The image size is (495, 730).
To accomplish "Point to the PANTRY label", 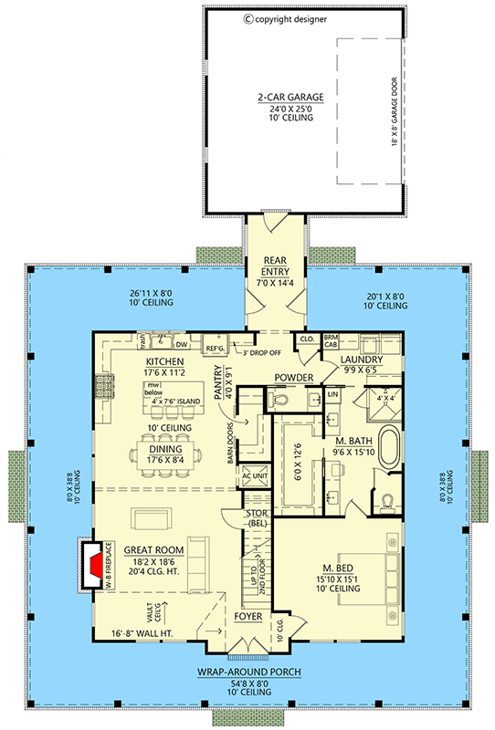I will (x=219, y=384).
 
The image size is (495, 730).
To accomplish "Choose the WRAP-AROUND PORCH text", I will (x=247, y=673).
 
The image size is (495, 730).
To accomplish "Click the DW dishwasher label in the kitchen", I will (x=182, y=345).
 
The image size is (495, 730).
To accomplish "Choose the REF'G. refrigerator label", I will (x=215, y=348).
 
